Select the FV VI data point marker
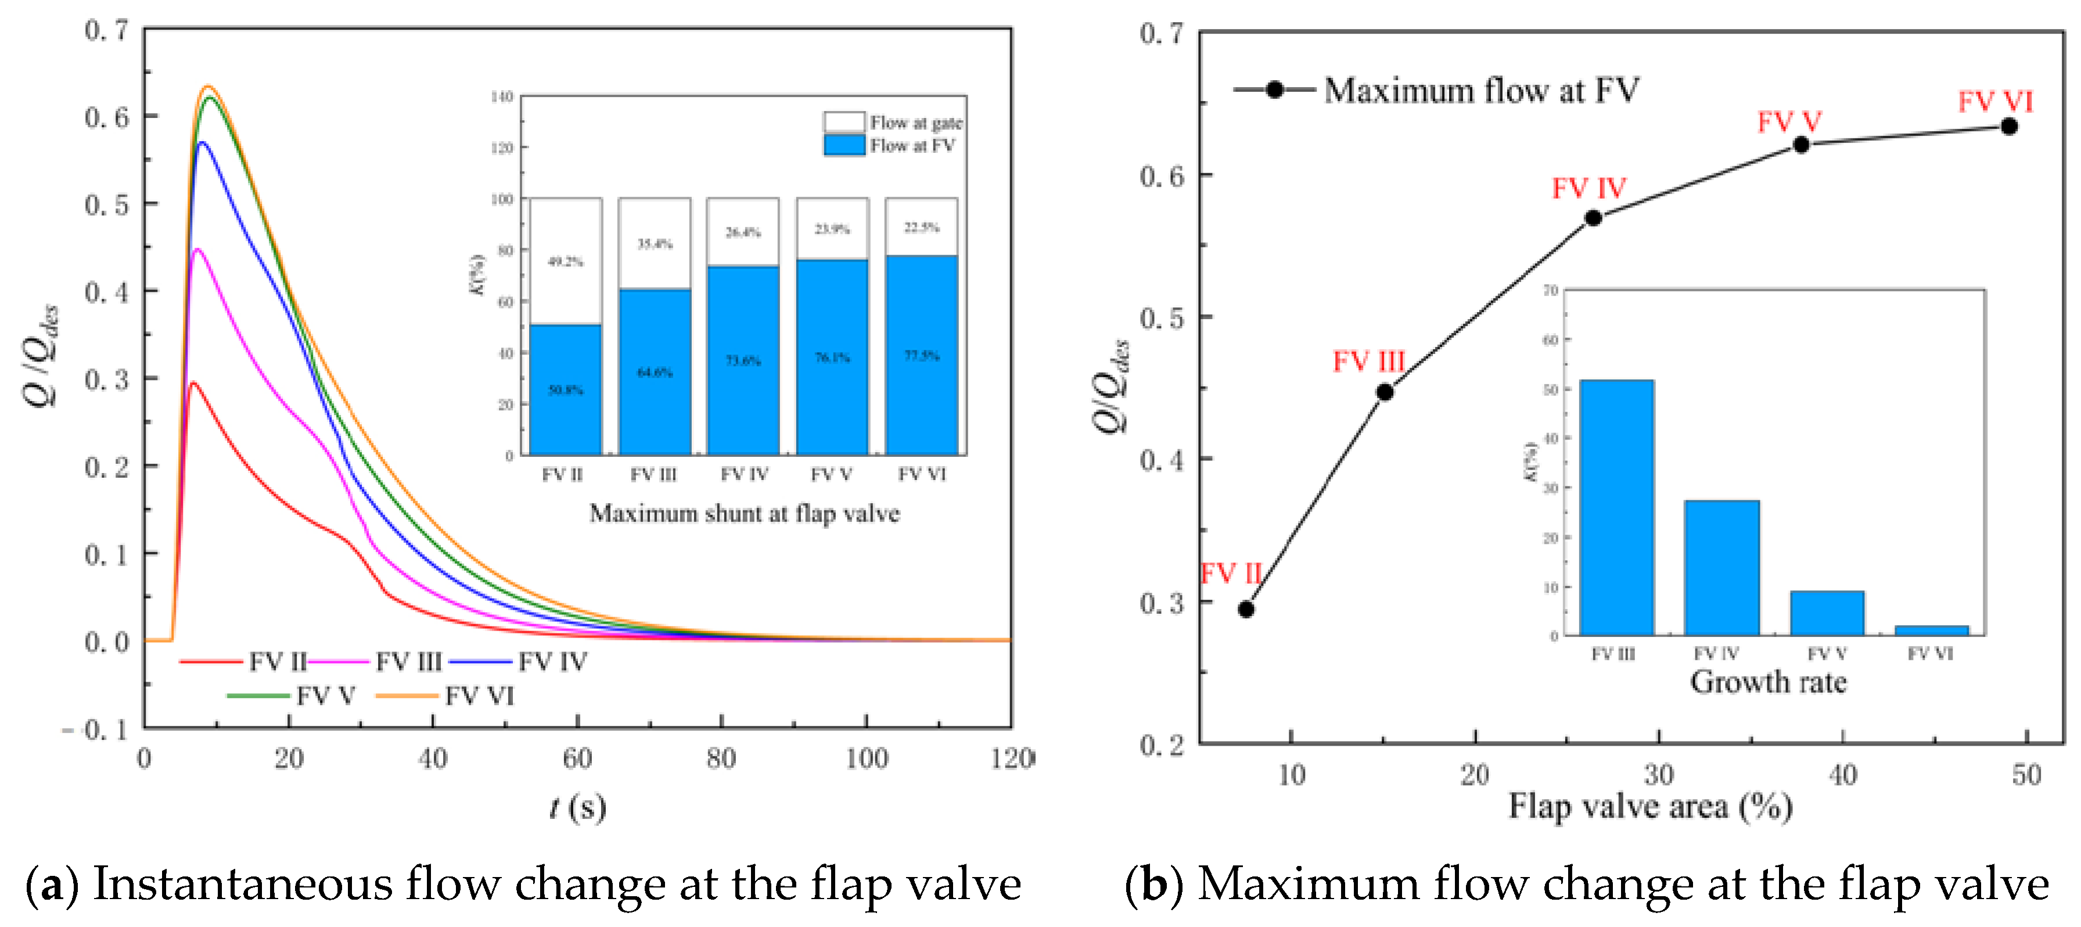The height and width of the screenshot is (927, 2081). pos(2009,126)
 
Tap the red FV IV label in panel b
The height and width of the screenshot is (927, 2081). pos(1588,188)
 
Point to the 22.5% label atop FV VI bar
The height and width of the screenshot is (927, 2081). pos(921,228)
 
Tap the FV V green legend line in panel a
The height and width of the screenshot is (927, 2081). pos(258,696)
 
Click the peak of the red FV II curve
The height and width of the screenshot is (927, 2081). pos(192,383)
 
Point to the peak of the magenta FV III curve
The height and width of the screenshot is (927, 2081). pos(197,250)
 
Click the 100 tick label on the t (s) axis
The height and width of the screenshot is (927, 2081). pos(866,759)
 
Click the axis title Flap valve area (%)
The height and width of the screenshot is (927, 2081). pos(1649,807)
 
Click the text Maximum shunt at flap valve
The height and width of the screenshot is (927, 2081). pos(744,513)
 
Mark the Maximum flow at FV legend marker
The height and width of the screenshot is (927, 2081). pos(1274,90)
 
